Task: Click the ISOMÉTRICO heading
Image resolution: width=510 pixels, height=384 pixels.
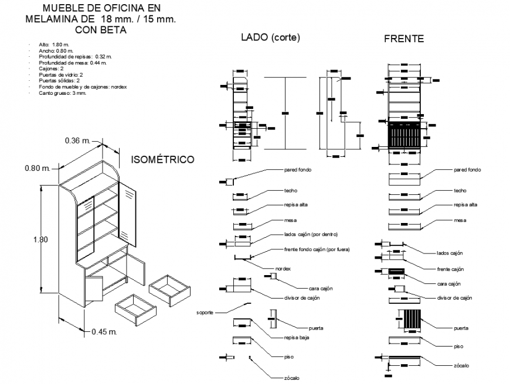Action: (x=162, y=159)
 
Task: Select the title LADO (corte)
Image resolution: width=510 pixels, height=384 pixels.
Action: (x=270, y=38)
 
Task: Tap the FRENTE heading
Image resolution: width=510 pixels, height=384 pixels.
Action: (x=403, y=39)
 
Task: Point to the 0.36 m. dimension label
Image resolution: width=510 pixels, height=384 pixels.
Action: (x=78, y=140)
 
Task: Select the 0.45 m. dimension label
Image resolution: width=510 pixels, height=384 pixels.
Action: (x=105, y=332)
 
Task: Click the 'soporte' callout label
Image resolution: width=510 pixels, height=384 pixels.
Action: (x=205, y=312)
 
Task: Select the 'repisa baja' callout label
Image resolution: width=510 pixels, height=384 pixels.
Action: (x=296, y=338)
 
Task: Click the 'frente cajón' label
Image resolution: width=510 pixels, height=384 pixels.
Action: (x=450, y=269)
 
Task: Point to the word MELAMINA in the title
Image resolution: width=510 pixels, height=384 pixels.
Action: (x=52, y=19)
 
